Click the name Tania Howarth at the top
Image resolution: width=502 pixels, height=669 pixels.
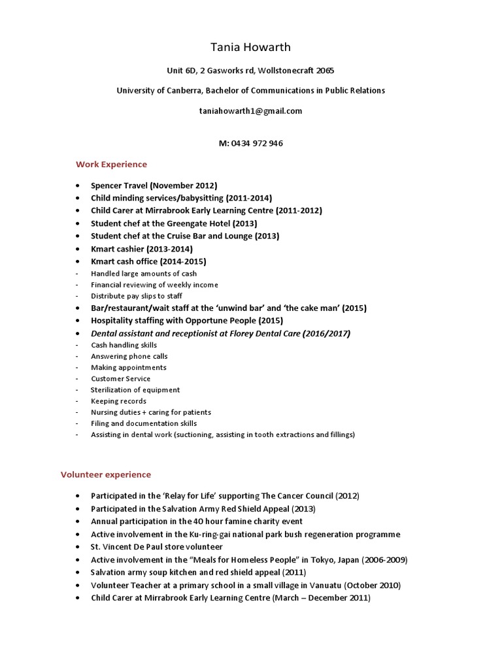point(250,47)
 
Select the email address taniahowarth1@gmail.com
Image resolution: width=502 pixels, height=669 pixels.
point(250,110)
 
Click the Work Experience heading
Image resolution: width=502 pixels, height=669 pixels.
point(111,164)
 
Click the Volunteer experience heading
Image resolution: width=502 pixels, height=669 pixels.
point(106,474)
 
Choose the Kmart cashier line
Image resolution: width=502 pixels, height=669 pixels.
point(142,249)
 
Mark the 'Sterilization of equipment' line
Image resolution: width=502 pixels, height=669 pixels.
point(135,390)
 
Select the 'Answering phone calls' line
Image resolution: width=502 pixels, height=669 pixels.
point(129,356)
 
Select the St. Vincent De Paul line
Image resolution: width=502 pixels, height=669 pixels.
point(157,546)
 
